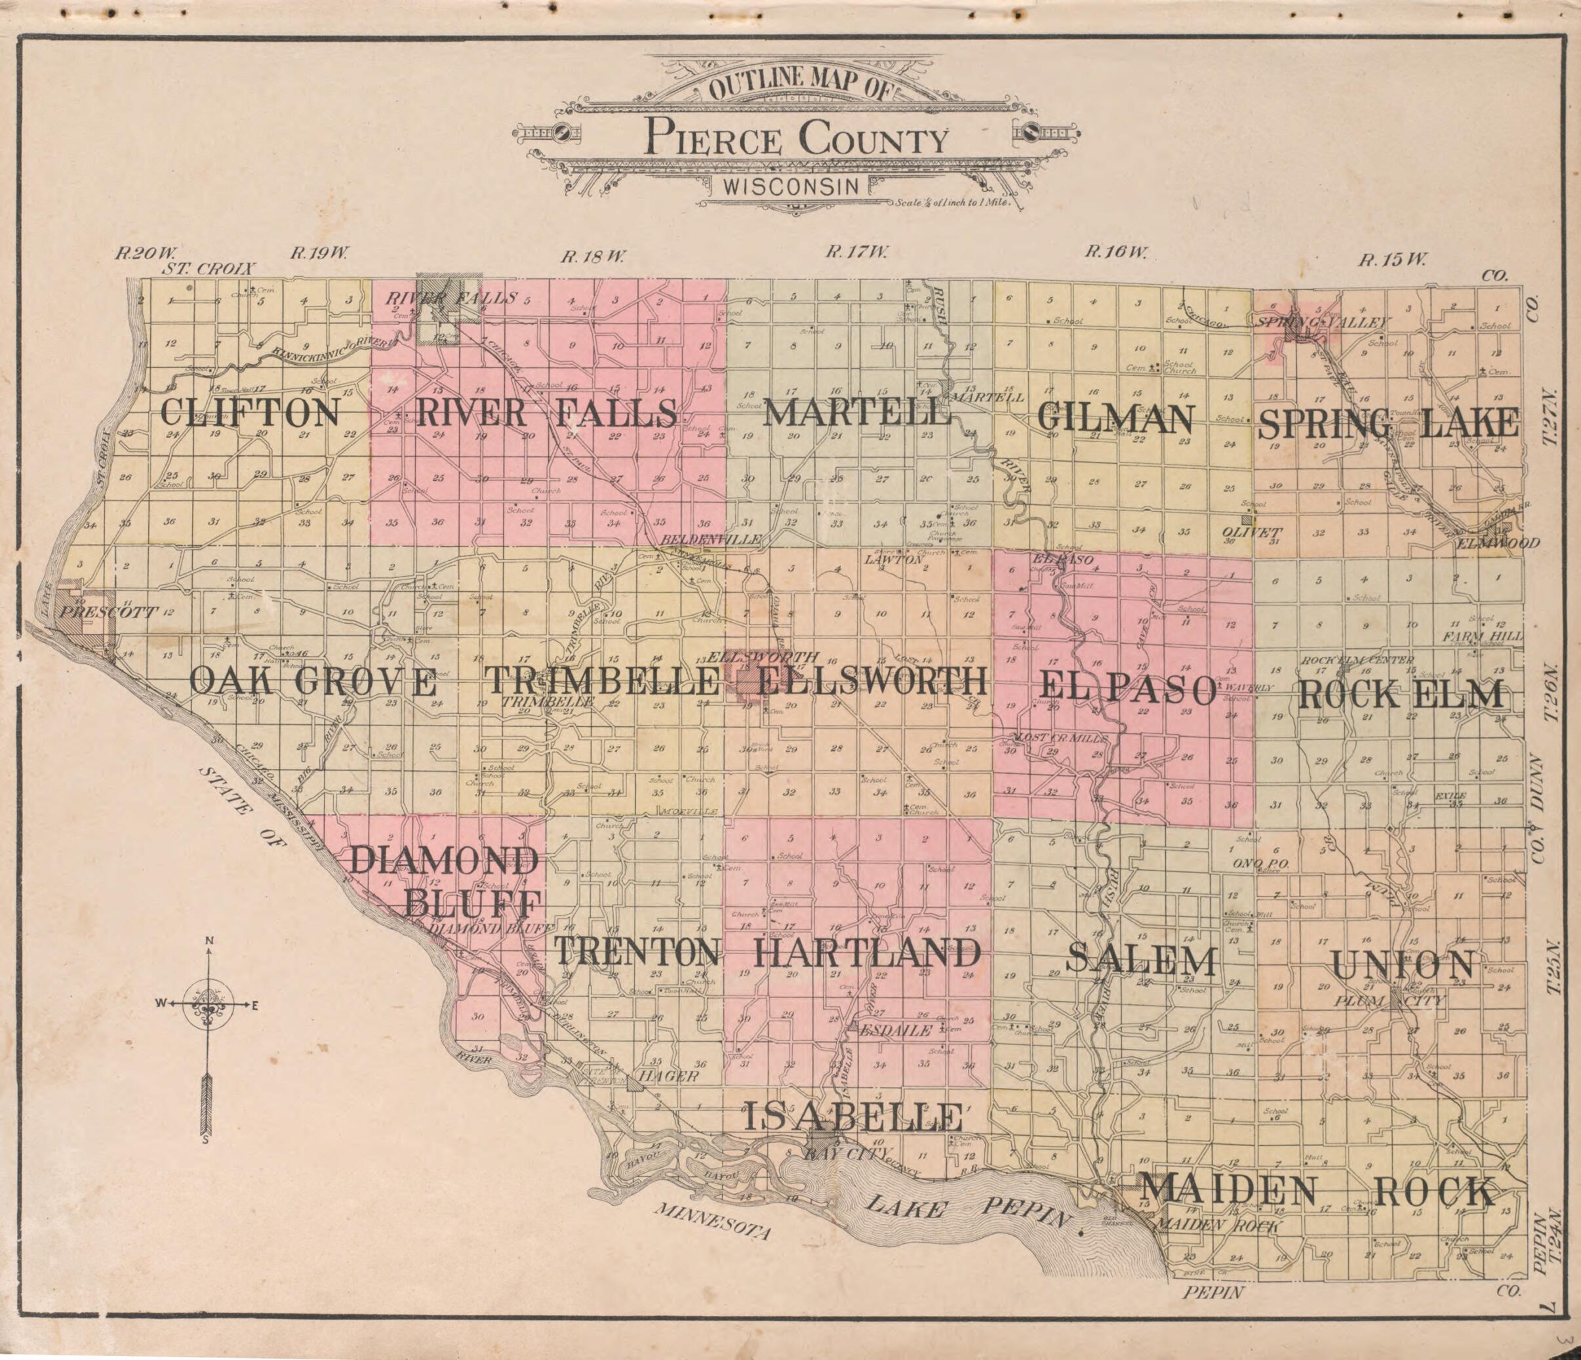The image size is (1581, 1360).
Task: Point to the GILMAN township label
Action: [x=1115, y=418]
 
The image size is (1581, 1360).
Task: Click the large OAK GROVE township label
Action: [x=313, y=682]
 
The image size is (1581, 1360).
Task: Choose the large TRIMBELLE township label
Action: [x=603, y=682]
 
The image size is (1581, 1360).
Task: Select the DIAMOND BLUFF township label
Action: [x=445, y=883]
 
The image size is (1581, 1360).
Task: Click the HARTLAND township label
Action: [x=867, y=953]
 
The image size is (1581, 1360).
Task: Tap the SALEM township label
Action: [x=1141, y=959]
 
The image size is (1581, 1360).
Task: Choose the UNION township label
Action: [x=1403, y=964]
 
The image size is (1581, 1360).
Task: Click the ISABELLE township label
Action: [x=852, y=1117]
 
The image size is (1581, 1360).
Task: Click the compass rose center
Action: [x=209, y=1004]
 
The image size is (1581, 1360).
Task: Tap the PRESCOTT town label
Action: [x=108, y=612]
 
